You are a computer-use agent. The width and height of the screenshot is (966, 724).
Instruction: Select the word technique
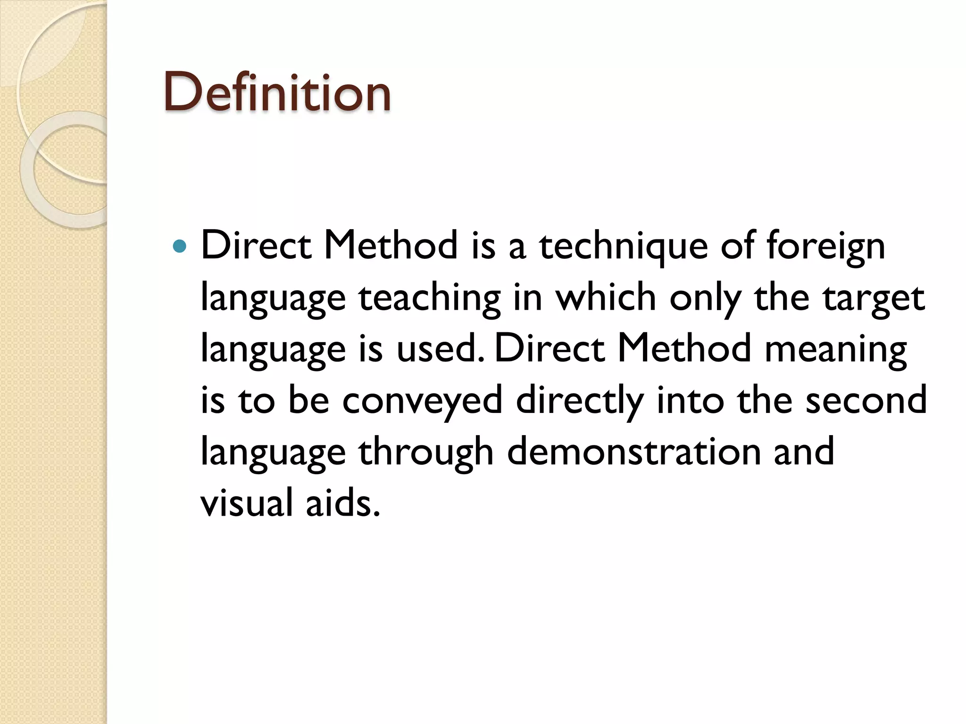point(623,247)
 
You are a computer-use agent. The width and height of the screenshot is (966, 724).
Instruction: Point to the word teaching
point(429,298)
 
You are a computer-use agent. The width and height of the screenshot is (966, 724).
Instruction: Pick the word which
point(606,297)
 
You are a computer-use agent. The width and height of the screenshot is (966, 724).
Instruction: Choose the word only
point(704,298)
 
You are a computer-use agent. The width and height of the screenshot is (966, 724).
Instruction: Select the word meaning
point(835,350)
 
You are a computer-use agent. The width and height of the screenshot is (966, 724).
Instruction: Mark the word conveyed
point(422,401)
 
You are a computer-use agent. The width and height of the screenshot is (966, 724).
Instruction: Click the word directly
point(580,401)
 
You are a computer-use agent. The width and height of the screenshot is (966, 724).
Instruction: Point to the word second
point(866,400)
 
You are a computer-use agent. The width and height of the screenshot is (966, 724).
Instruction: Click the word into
point(690,400)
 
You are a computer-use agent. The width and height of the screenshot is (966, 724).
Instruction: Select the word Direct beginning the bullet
point(256,246)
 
